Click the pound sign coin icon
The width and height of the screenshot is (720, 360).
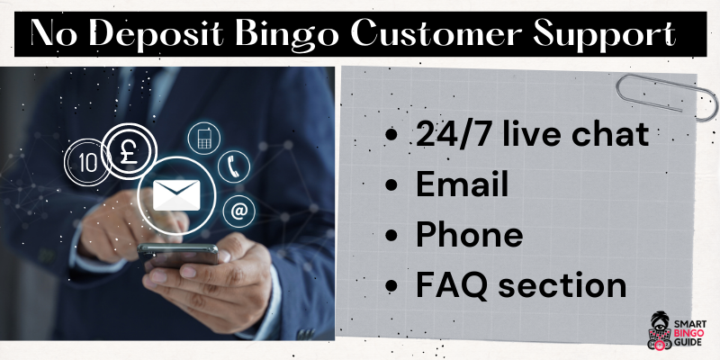(x=129, y=152)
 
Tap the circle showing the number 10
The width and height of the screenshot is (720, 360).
(x=87, y=163)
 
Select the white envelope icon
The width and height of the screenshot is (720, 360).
(x=176, y=194)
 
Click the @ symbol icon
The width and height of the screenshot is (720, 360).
(x=239, y=211)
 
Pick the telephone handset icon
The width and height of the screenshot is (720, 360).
(x=234, y=167)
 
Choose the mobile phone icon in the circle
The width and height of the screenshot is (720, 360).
(x=204, y=139)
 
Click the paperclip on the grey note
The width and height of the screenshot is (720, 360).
(x=667, y=96)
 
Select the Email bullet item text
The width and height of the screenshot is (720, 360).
(x=463, y=185)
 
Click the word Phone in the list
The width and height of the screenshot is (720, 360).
(x=469, y=235)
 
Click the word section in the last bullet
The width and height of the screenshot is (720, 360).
(x=562, y=285)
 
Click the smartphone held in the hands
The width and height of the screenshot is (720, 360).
(x=177, y=256)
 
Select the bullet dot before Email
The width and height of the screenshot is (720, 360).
(x=391, y=185)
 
